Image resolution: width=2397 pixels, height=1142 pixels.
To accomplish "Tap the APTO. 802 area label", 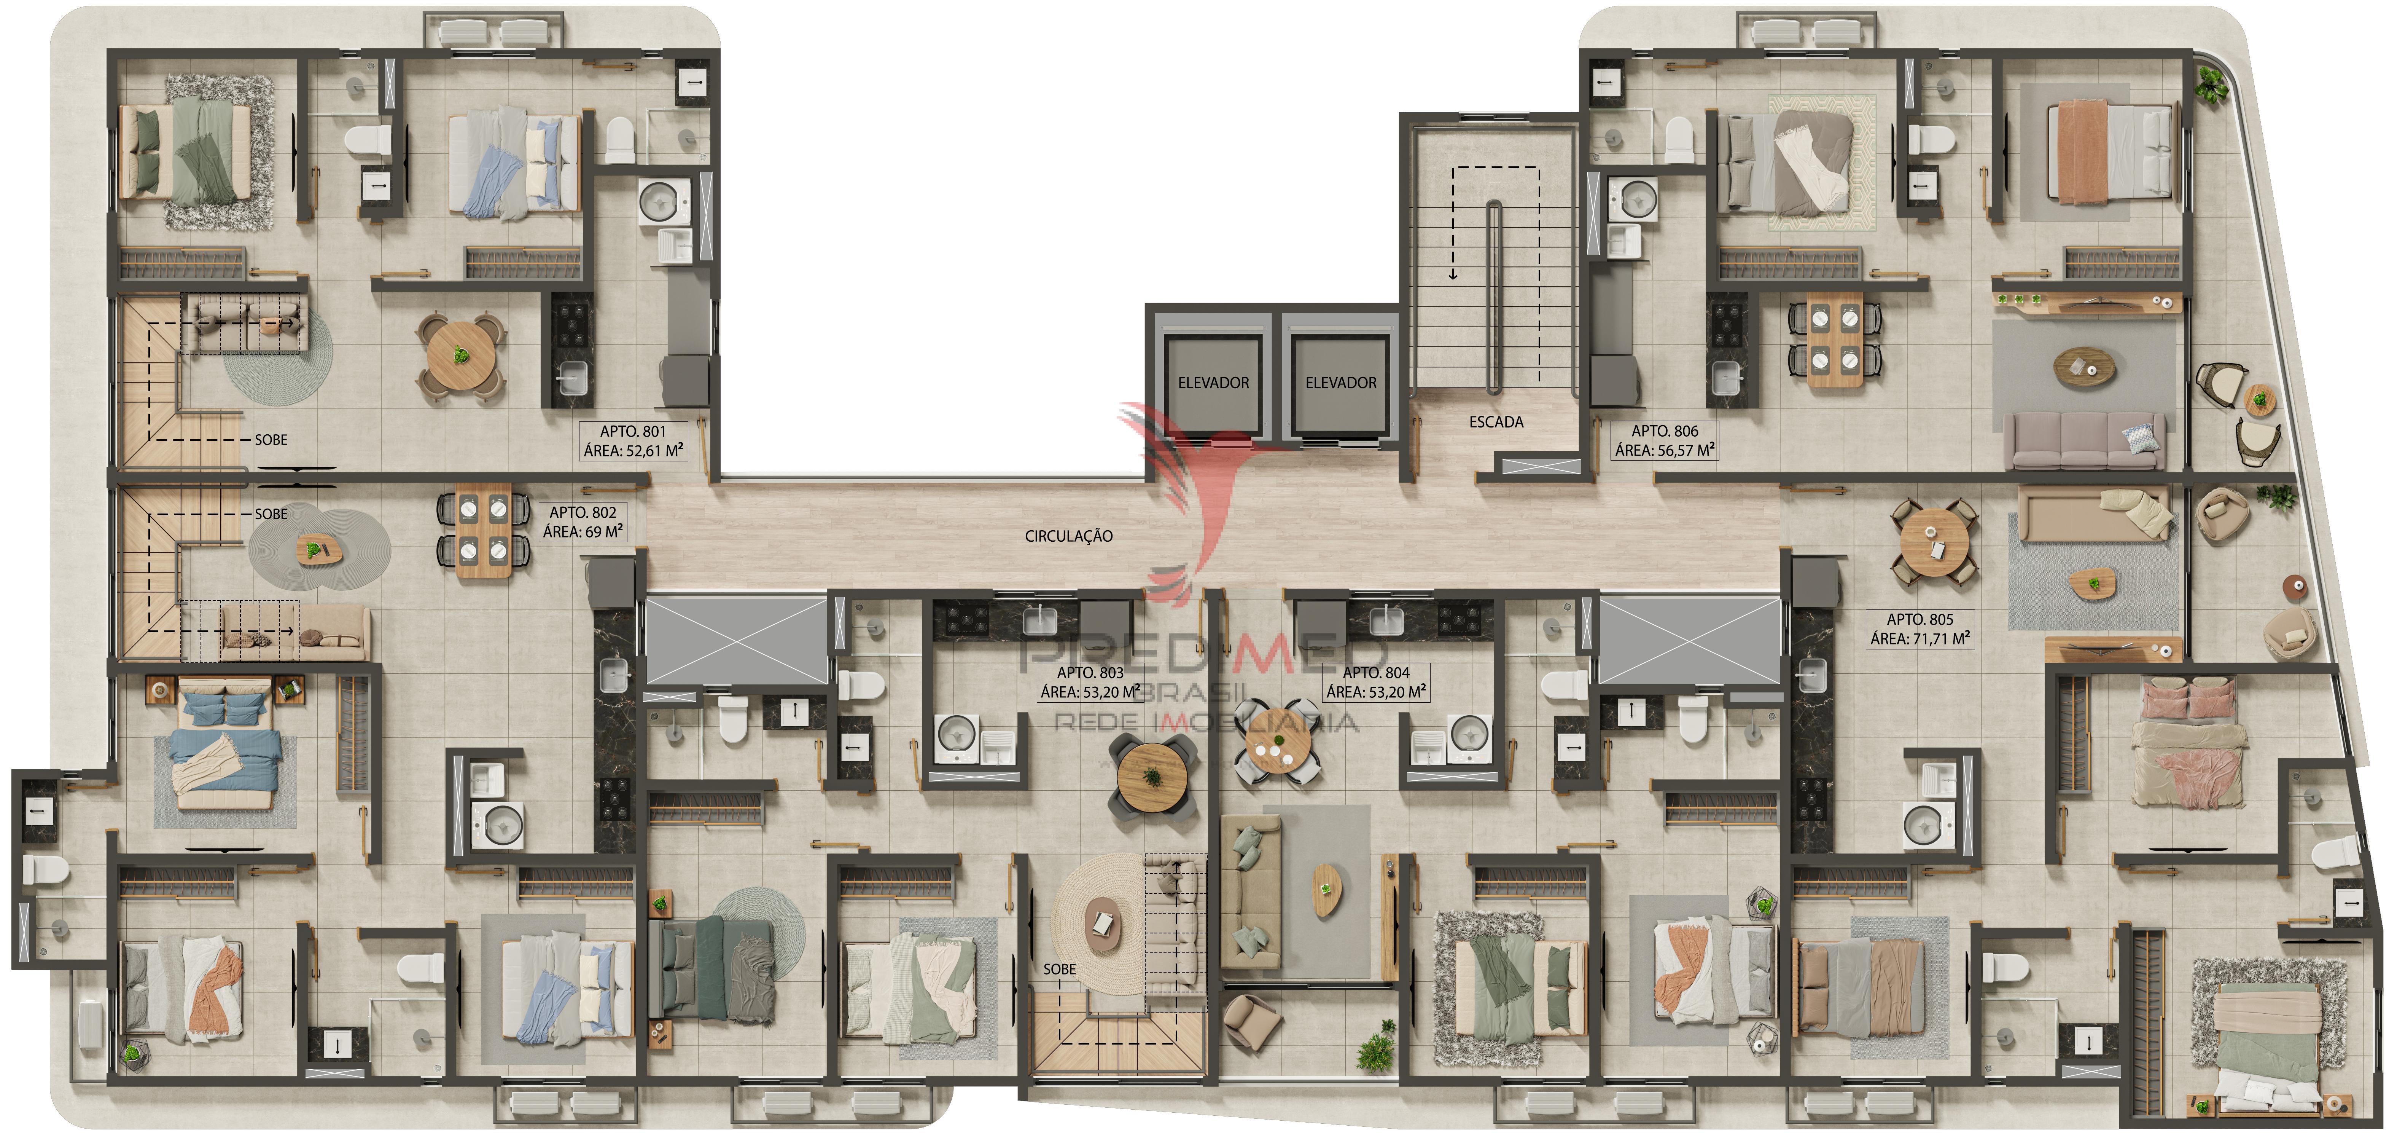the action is (583, 522).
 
